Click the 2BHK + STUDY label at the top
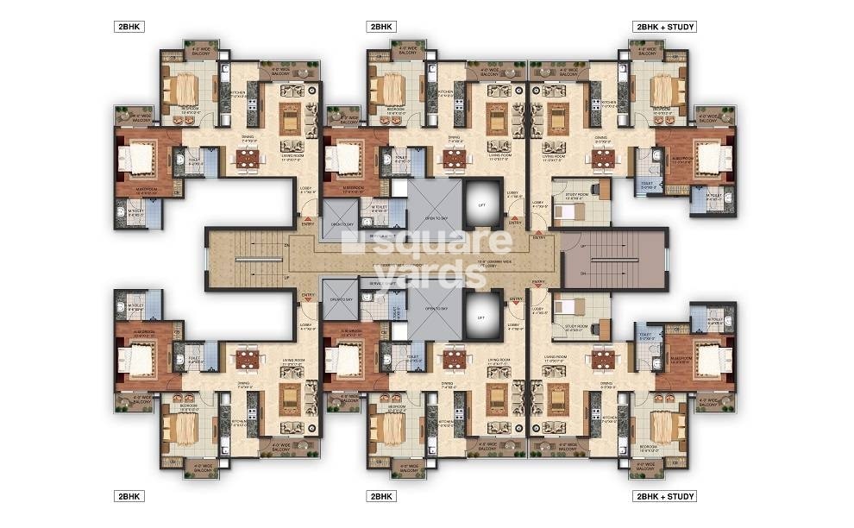coord(664,27)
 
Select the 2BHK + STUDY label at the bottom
coord(664,496)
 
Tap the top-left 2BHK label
coord(129,27)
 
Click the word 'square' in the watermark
coord(426,242)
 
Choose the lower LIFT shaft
coord(481,318)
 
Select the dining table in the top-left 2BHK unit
coord(247,159)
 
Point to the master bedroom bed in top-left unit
coord(138,159)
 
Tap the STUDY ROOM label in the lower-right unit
coord(576,327)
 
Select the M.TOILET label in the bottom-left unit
coord(135,306)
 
